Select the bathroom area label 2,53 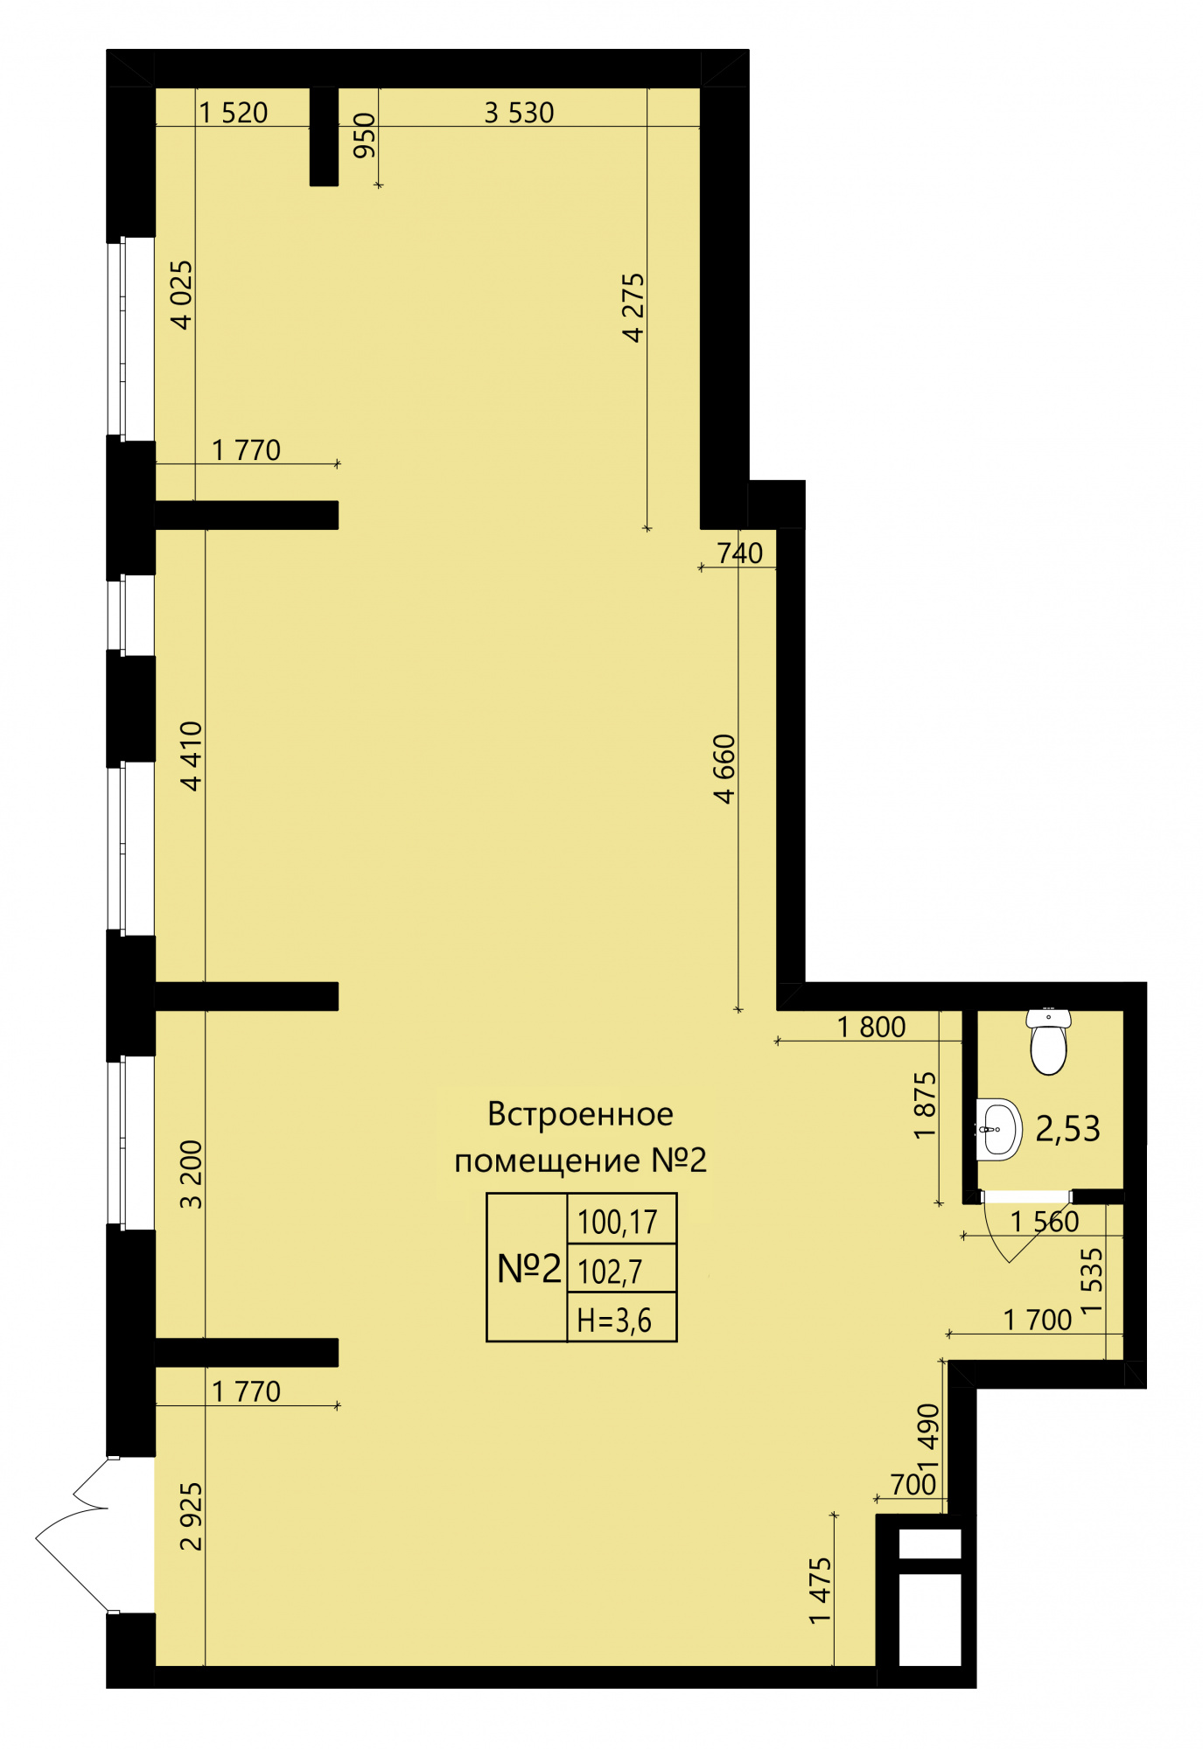pos(1067,1129)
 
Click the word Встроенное pos(580,1114)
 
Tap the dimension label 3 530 pos(520,113)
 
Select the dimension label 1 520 pos(234,113)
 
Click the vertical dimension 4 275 pos(633,307)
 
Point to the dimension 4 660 pos(725,769)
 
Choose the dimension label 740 pos(740,553)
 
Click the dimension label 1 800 pos(871,1027)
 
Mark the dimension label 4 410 pos(192,756)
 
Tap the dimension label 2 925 pos(192,1516)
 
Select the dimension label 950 pos(364,136)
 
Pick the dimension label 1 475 pos(820,1591)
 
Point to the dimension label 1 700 pos(1038,1320)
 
